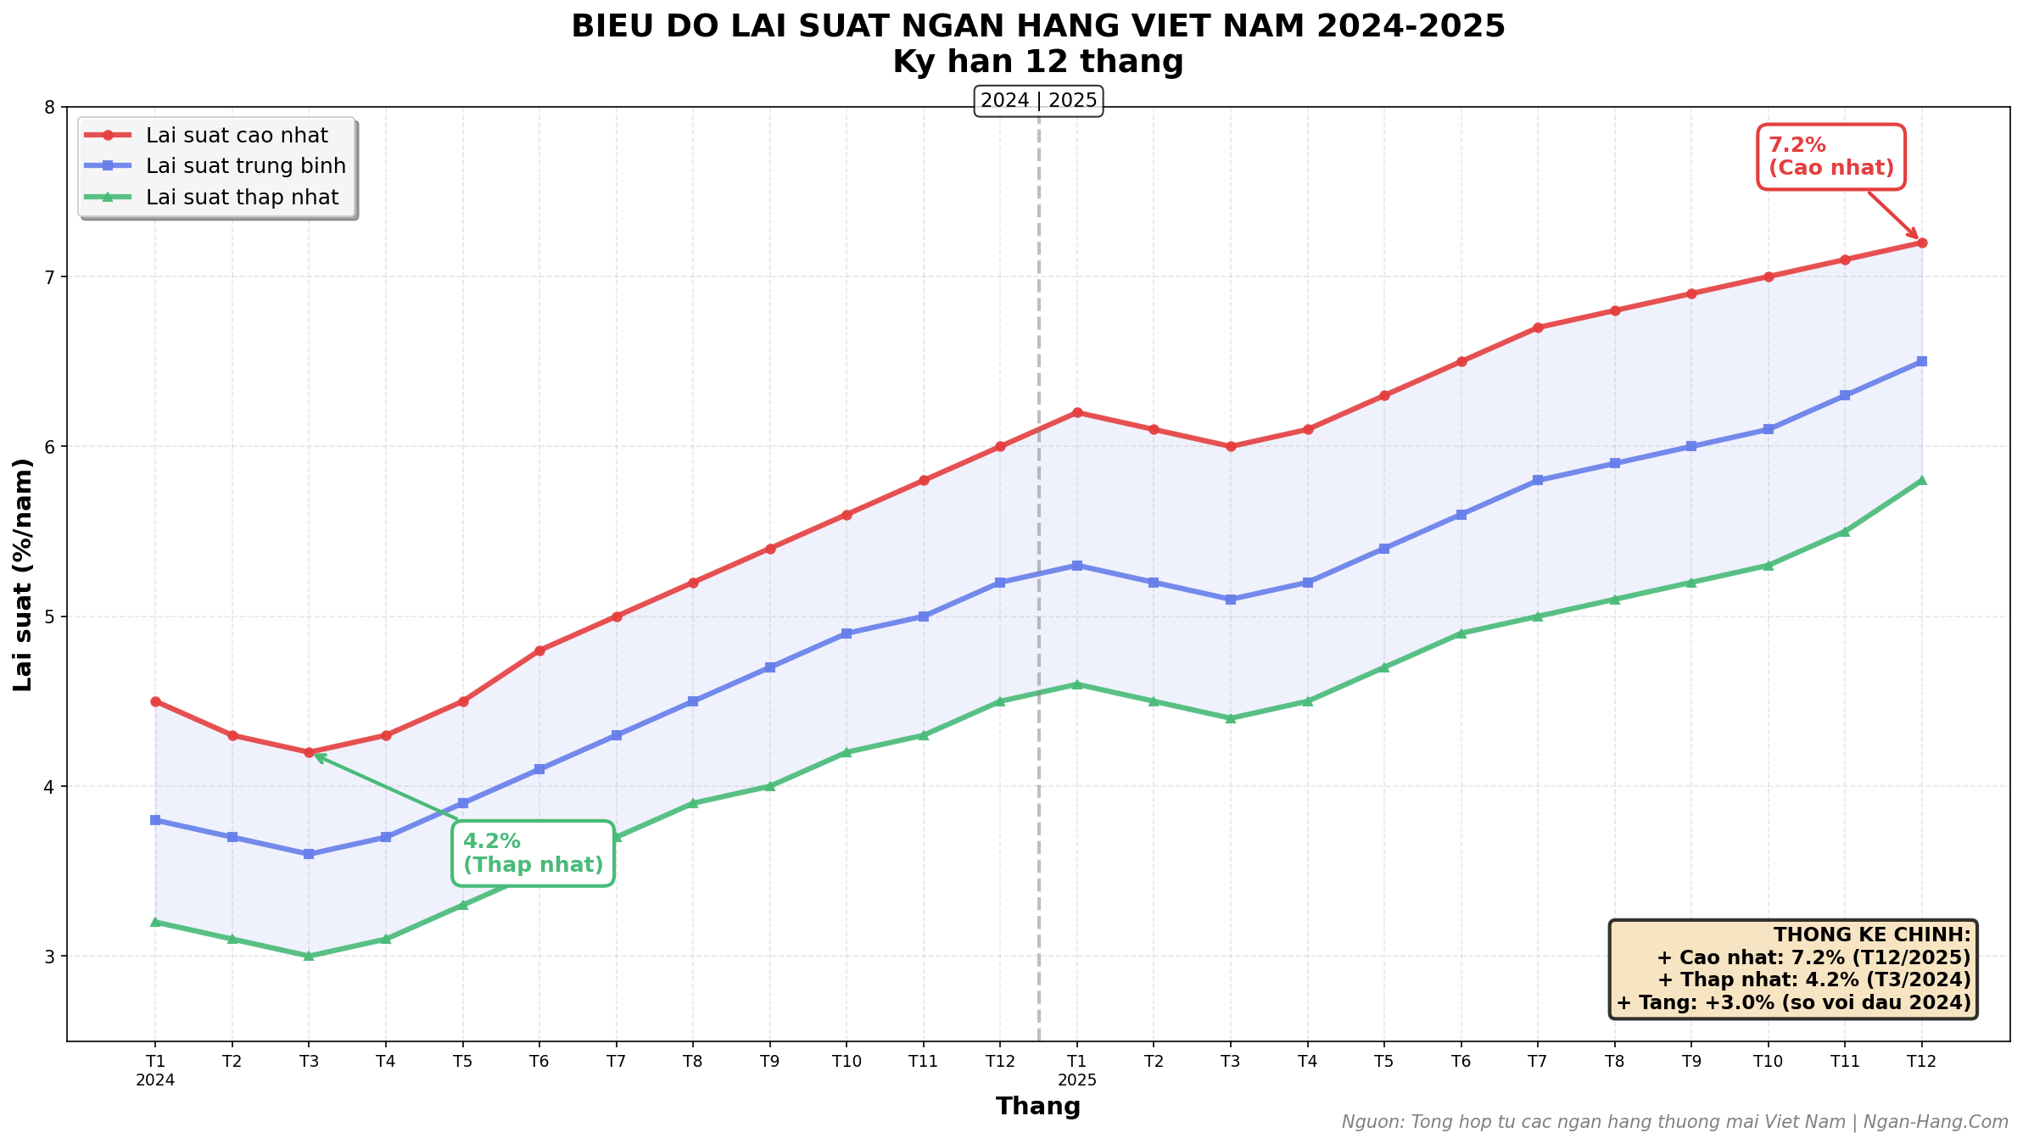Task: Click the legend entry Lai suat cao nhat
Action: (x=237, y=136)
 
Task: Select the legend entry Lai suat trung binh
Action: (x=245, y=166)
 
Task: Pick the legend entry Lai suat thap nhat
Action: (x=242, y=198)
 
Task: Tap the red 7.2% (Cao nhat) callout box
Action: (x=1830, y=157)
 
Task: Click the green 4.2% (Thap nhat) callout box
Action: (x=533, y=853)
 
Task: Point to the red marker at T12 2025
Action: (x=1921, y=243)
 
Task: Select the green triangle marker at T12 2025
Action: (x=1921, y=480)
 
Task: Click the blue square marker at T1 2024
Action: (x=155, y=820)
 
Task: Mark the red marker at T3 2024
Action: (x=309, y=752)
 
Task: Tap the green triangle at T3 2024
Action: (x=309, y=956)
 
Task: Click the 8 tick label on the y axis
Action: (x=49, y=108)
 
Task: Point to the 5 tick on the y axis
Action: (x=49, y=617)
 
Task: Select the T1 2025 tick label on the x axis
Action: (x=1076, y=1069)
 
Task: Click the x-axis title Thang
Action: (x=1038, y=1107)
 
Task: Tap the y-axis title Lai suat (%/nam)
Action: (x=24, y=574)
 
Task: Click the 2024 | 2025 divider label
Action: (x=1038, y=102)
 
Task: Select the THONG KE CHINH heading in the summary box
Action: (x=1872, y=935)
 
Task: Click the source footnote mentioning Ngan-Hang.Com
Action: (x=1674, y=1122)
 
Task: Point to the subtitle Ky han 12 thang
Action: (x=1037, y=62)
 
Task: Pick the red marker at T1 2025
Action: (x=1076, y=413)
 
